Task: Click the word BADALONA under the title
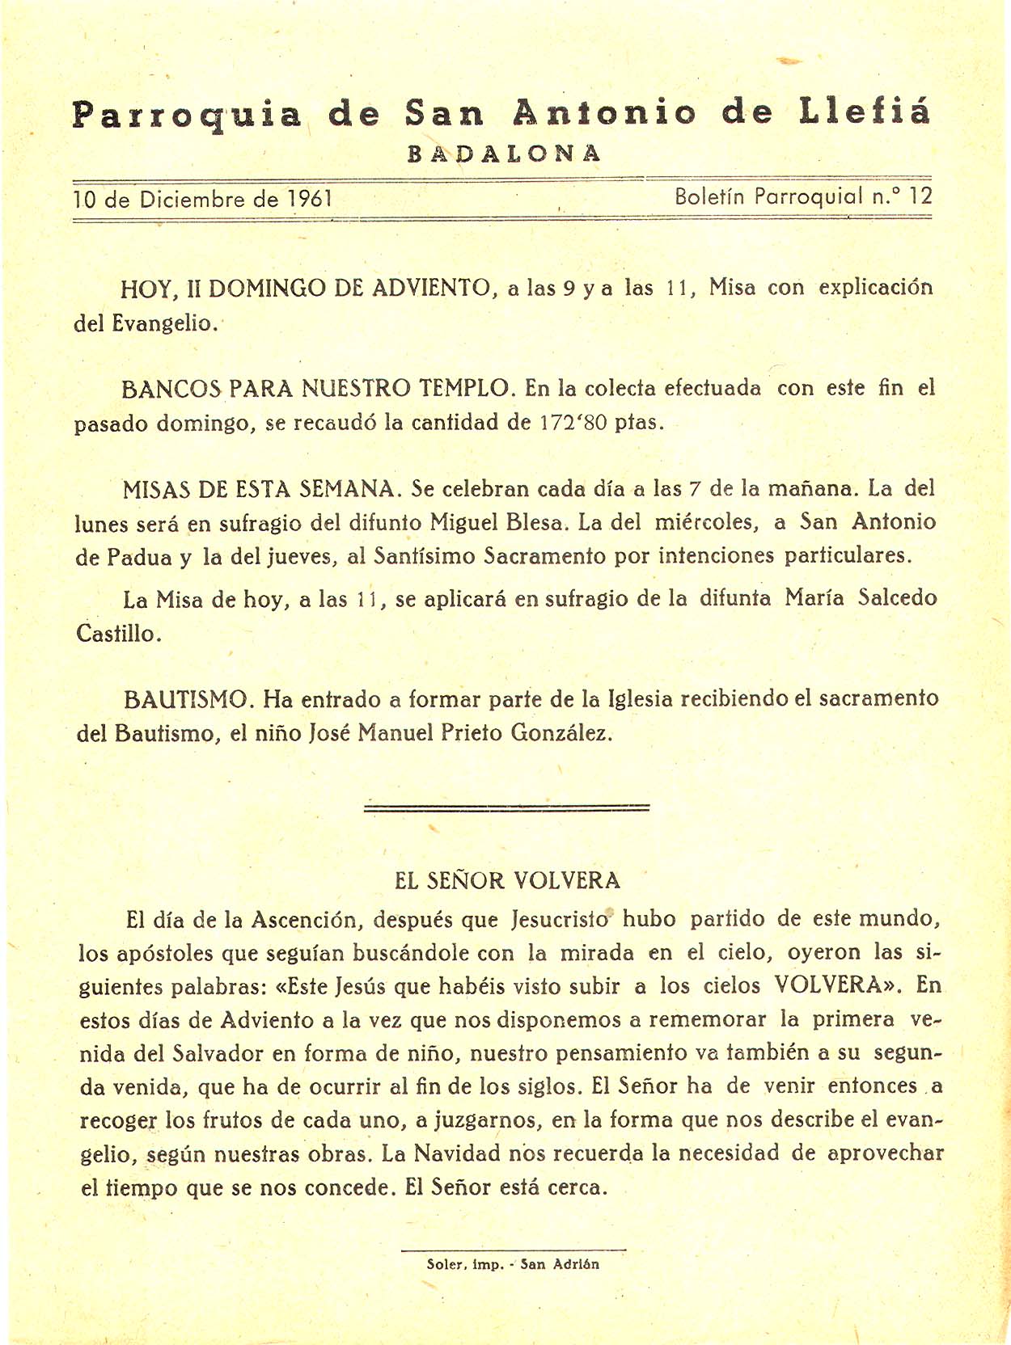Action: (x=505, y=154)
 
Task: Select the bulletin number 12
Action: (x=920, y=196)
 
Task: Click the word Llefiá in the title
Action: (x=864, y=112)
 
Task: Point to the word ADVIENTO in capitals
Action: (x=430, y=288)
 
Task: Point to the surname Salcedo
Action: (x=898, y=598)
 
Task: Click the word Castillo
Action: (x=118, y=633)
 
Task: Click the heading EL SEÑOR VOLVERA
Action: (x=507, y=880)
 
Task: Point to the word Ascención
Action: (x=304, y=920)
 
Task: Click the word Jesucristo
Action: (x=560, y=920)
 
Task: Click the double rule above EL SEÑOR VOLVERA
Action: (x=507, y=807)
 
